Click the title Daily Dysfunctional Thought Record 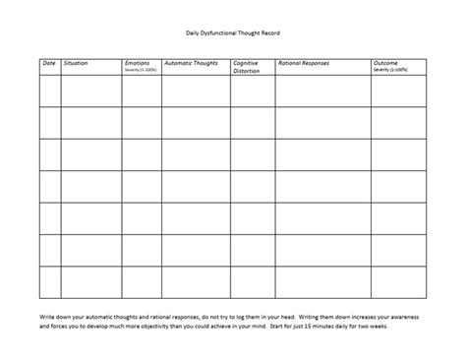(233, 32)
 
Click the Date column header (48, 62)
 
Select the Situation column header (76, 62)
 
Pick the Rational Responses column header (304, 62)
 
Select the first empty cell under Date (49, 90)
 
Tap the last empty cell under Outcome (399, 251)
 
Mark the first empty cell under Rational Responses (323, 90)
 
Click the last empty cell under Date (49, 251)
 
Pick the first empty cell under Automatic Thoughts (196, 90)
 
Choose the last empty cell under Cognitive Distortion (253, 251)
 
